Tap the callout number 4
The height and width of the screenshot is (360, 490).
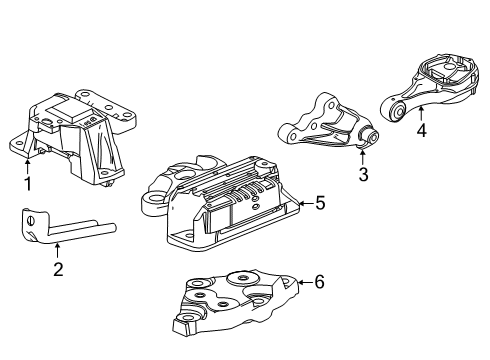[421, 129]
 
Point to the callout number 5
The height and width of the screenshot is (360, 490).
[319, 203]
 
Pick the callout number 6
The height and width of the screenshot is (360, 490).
[319, 283]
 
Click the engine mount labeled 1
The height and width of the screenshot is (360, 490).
[75, 135]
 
